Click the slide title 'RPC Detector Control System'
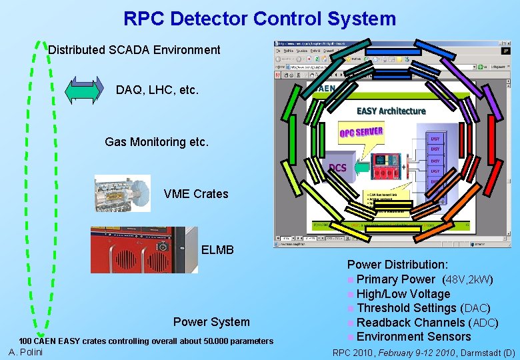(x=259, y=19)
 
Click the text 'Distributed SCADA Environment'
(x=134, y=49)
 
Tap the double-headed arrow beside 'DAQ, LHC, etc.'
(x=83, y=90)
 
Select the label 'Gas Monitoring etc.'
(x=157, y=141)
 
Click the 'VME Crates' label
(x=195, y=194)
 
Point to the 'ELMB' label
(x=217, y=250)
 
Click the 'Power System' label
(x=211, y=322)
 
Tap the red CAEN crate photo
(x=144, y=250)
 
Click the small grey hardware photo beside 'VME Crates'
(x=123, y=193)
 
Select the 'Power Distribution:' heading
(x=397, y=265)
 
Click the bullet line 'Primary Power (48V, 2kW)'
(x=425, y=279)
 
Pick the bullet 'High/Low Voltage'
(x=403, y=294)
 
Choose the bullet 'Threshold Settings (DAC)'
(x=423, y=308)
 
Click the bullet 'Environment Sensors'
(x=413, y=337)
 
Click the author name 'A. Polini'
(x=26, y=352)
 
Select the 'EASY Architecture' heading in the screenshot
(x=391, y=111)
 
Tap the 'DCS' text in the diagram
(x=338, y=167)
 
